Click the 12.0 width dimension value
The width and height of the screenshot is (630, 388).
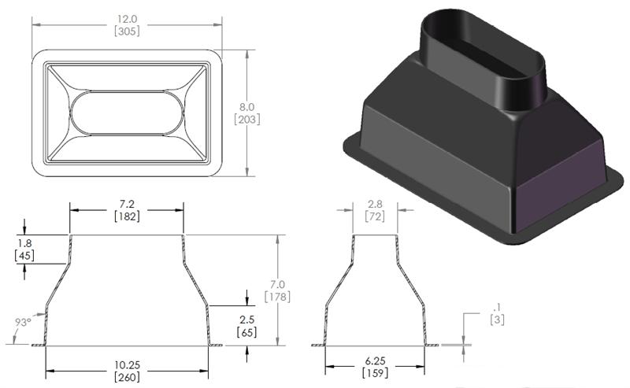[126, 18]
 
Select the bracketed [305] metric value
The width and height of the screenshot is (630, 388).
[126, 32]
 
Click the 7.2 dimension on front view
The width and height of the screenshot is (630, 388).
[127, 203]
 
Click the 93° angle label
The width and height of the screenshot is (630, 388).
[24, 321]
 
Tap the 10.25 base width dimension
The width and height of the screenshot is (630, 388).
[127, 364]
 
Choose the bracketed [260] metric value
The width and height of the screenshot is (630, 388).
[127, 378]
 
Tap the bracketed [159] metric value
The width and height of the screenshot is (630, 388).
[376, 378]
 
